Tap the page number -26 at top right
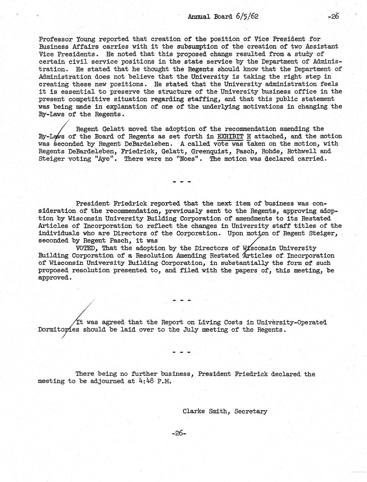[x=334, y=16]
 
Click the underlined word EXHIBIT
[x=230, y=136]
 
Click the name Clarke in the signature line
[x=194, y=411]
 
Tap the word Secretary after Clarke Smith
[x=251, y=411]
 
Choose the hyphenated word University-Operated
[x=291, y=322]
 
